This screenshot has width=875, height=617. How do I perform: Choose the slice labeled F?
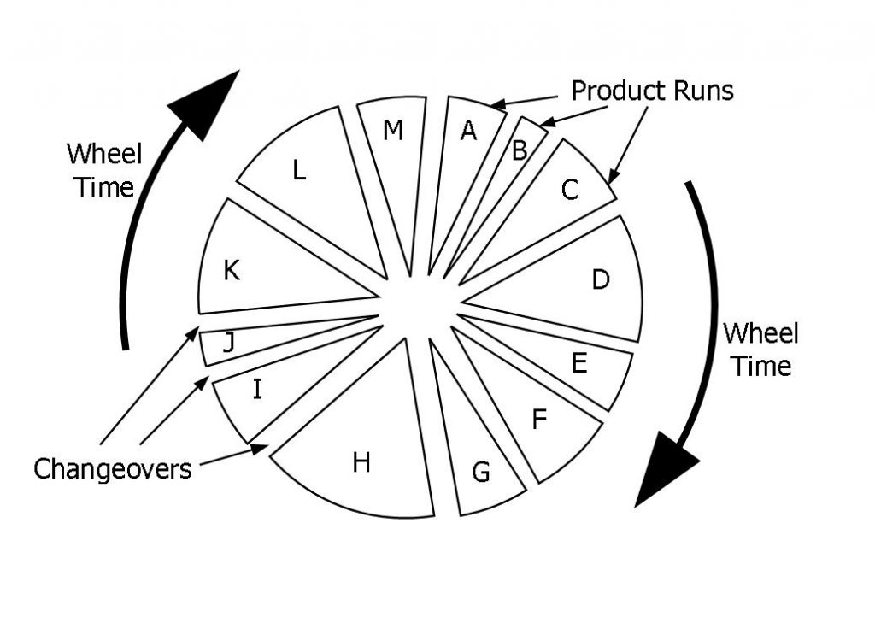click(x=538, y=419)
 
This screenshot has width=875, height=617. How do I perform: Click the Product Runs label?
click(x=652, y=90)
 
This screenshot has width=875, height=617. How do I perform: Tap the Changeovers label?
click(x=112, y=467)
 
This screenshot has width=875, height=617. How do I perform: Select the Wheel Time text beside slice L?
click(x=103, y=170)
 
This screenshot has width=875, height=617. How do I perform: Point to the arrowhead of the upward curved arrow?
click(x=204, y=103)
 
